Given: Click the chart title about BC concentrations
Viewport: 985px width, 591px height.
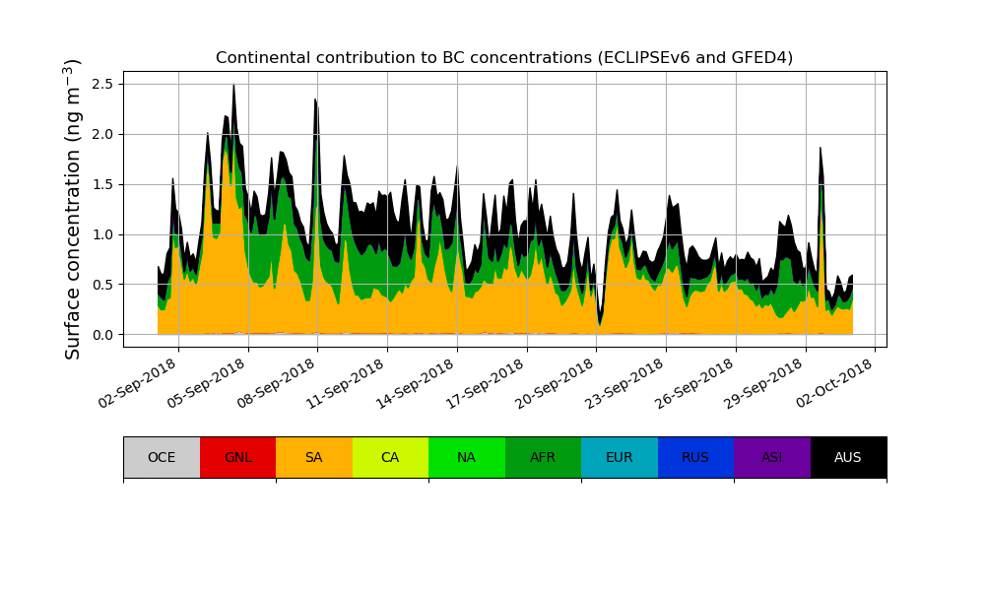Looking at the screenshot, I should (x=504, y=58).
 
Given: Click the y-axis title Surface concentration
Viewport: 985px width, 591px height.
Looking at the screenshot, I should (x=73, y=209).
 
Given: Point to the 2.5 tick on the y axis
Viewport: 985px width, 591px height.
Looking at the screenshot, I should (x=102, y=84).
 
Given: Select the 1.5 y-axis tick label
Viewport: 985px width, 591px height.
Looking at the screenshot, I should (x=102, y=184).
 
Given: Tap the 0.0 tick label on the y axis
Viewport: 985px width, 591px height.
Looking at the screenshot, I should (x=102, y=335).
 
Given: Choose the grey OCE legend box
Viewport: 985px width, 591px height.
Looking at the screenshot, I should (x=162, y=457).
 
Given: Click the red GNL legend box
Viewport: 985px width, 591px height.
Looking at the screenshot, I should (x=237, y=457).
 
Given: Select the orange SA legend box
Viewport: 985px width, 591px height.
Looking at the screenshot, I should (x=314, y=457).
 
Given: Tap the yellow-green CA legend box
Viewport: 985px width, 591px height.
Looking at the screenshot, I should (x=390, y=457).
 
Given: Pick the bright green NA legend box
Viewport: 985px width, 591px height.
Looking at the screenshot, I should (x=467, y=457).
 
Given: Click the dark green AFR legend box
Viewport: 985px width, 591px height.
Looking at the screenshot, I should (x=543, y=457).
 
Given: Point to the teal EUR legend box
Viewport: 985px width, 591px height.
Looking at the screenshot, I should (x=620, y=457).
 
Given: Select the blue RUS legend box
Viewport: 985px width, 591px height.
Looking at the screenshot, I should (x=695, y=457).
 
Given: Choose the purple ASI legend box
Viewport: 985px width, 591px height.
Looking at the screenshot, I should (x=772, y=457).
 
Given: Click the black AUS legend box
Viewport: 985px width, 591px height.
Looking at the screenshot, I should (x=848, y=457).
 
